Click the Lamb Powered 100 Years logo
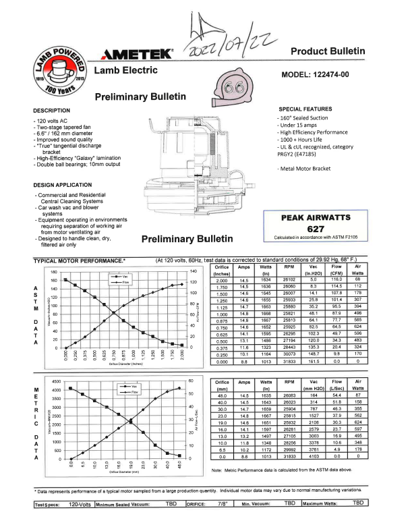coord(57,71)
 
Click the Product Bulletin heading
coord(328,51)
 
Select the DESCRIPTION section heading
coord(51,110)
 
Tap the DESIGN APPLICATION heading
coord(63,184)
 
